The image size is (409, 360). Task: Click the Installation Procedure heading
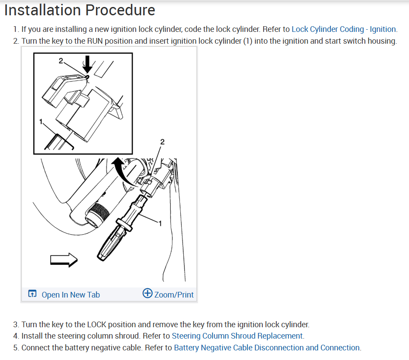[x=79, y=10]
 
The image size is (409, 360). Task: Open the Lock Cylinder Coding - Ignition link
[x=344, y=29]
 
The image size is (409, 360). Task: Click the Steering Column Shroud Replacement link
[x=237, y=336]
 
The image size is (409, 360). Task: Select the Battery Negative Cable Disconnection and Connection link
[x=267, y=348]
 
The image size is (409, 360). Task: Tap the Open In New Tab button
[x=70, y=295]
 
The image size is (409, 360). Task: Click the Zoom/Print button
[x=173, y=294]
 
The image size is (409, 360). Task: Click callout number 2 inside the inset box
[x=61, y=61]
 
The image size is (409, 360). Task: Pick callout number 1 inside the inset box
[x=41, y=122]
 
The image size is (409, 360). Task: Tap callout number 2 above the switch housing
[x=162, y=142]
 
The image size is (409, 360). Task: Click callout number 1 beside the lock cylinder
[x=160, y=224]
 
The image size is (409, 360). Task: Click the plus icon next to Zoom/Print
[x=148, y=294]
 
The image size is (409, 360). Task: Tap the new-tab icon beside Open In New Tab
[x=32, y=294]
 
